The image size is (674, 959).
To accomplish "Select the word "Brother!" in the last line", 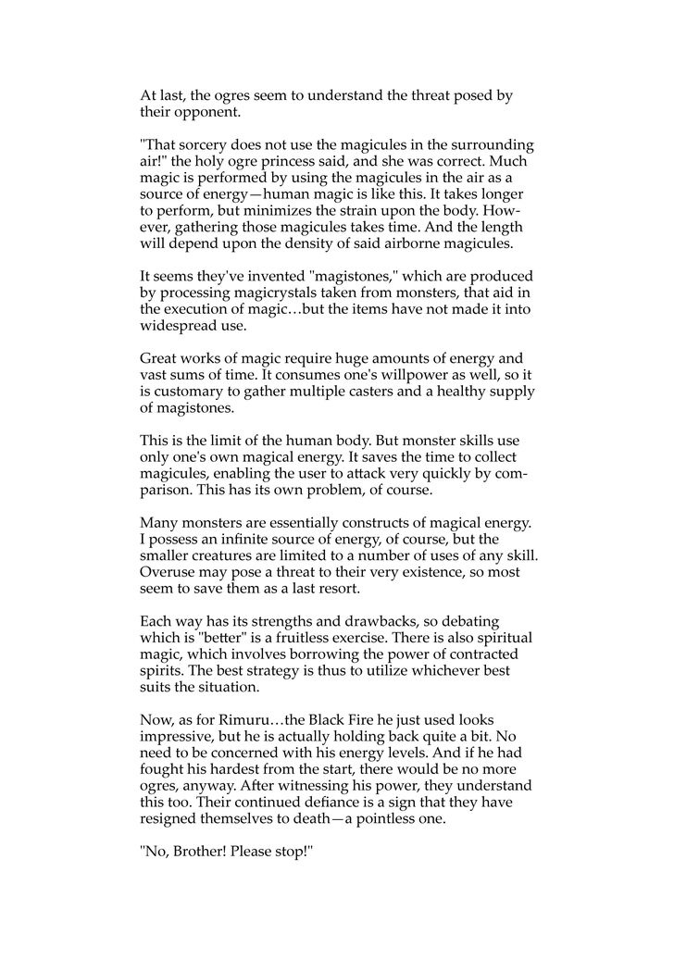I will pyautogui.click(x=197, y=845).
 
